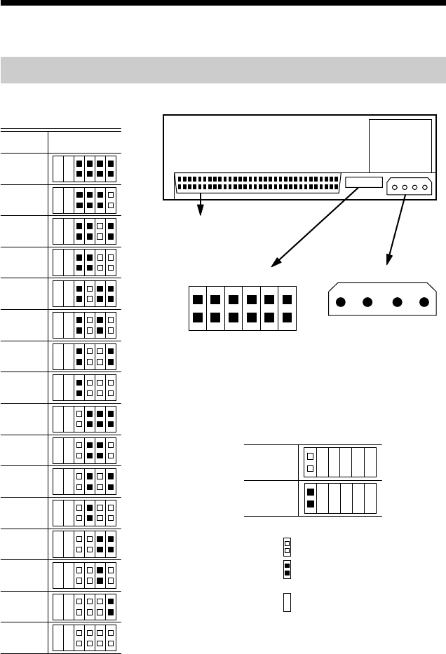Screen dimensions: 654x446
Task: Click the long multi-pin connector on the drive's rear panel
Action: coord(256,182)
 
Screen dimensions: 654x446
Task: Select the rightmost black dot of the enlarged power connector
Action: coord(424,304)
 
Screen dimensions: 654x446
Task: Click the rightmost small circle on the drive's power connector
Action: coord(424,187)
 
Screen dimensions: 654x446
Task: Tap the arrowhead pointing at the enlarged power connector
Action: coord(387,263)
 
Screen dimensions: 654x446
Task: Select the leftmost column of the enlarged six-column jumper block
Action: coord(198,309)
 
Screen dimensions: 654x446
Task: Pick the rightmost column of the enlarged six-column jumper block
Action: coord(287,309)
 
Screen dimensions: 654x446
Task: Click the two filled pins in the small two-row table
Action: coord(310,498)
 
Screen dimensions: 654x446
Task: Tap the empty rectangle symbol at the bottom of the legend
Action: coord(287,603)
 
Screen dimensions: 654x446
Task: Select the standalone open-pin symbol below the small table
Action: coord(287,545)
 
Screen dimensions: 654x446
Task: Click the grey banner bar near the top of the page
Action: coord(223,70)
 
